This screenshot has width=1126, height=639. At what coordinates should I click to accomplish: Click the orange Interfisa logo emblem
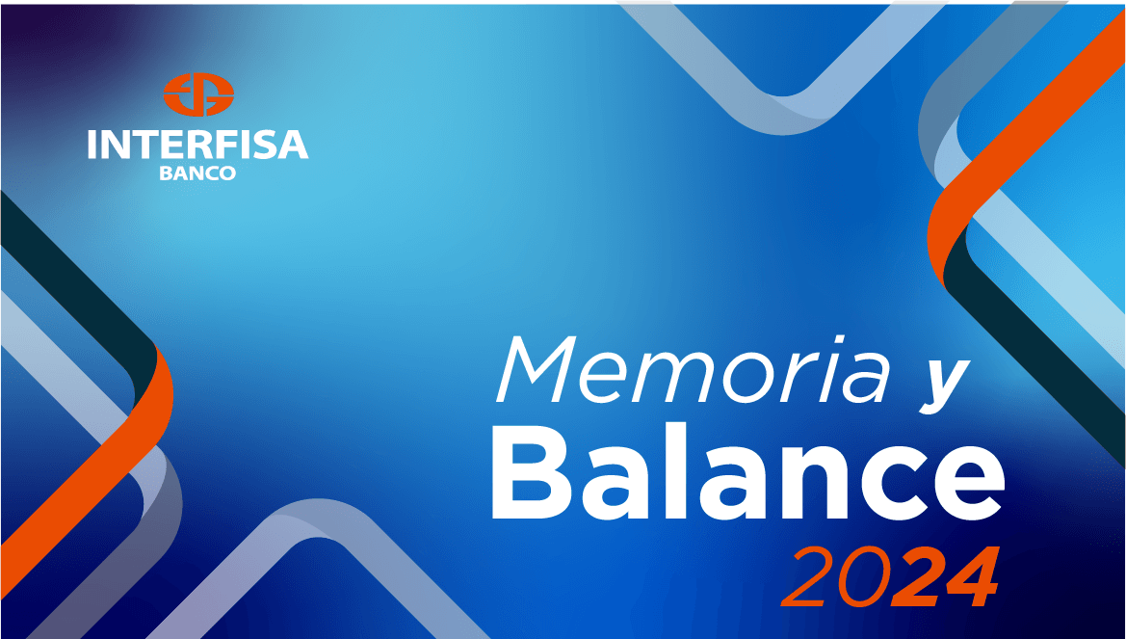click(x=198, y=94)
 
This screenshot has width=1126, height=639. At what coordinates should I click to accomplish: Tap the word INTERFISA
click(x=198, y=146)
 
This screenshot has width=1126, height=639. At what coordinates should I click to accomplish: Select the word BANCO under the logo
click(x=197, y=173)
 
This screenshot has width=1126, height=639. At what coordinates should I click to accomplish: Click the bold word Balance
click(x=747, y=473)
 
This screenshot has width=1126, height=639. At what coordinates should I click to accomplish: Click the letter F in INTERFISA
click(x=232, y=146)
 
